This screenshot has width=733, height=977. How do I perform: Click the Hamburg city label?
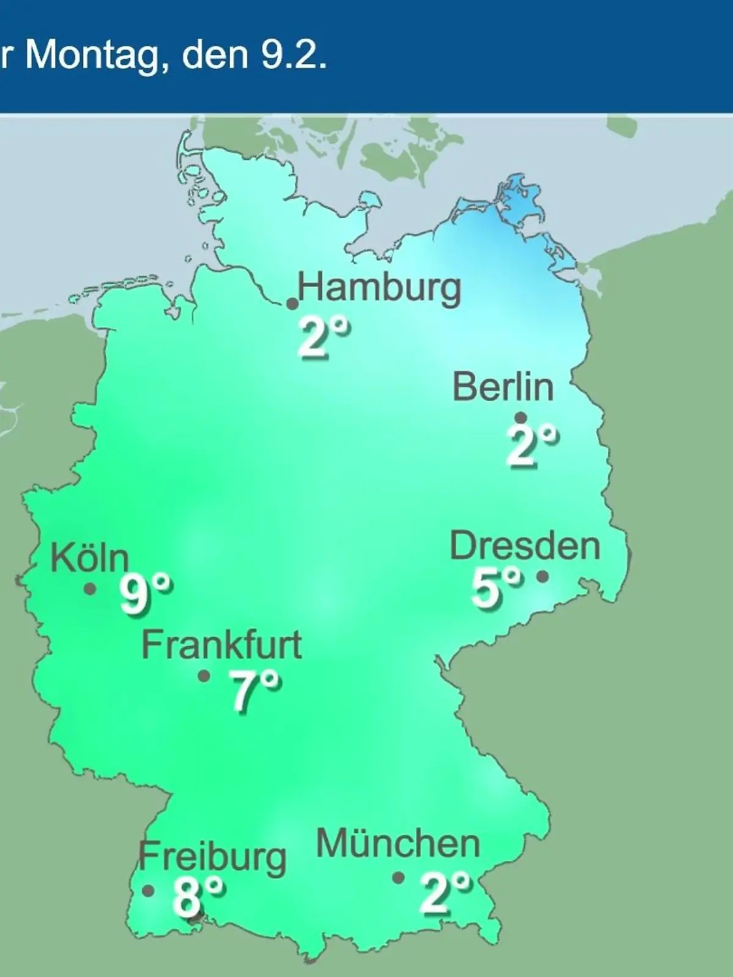pyautogui.click(x=379, y=288)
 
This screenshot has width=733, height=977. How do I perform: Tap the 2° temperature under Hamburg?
pyautogui.click(x=324, y=337)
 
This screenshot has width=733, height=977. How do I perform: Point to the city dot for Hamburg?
pyautogui.click(x=293, y=303)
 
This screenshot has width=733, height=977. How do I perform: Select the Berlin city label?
pyautogui.click(x=503, y=387)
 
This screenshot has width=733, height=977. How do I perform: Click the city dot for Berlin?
pyautogui.click(x=521, y=418)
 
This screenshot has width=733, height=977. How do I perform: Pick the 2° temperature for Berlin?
pyautogui.click(x=532, y=446)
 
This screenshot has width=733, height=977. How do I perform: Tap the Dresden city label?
pyautogui.click(x=525, y=545)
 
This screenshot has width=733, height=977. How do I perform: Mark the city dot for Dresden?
pyautogui.click(x=542, y=576)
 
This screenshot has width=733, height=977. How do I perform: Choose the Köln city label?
pyautogui.click(x=90, y=558)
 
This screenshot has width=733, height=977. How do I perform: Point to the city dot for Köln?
pyautogui.click(x=90, y=589)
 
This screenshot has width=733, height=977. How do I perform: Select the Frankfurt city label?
pyautogui.click(x=222, y=645)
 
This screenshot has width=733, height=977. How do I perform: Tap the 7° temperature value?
pyautogui.click(x=256, y=691)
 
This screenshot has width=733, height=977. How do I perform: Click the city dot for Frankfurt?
pyautogui.click(x=204, y=676)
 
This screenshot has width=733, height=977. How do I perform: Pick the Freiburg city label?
pyautogui.click(x=212, y=857)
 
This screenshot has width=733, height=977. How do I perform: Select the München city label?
pyautogui.click(x=398, y=843)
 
